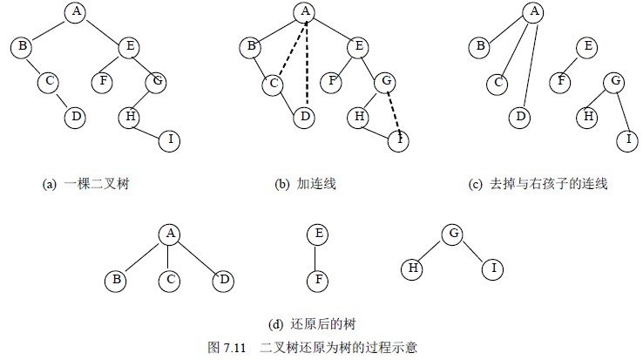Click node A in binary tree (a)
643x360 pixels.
point(77,11)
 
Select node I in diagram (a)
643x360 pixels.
point(171,139)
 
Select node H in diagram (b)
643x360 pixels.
point(356,116)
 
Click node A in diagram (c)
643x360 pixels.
point(533,11)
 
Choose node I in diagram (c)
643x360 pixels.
point(626,139)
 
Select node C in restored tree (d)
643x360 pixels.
point(169,281)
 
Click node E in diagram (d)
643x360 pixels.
point(319,234)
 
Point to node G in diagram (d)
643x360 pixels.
point(451,234)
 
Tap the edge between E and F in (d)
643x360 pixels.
point(319,257)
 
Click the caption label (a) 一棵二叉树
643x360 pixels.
point(87,184)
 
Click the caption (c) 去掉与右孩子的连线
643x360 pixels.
point(538,184)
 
